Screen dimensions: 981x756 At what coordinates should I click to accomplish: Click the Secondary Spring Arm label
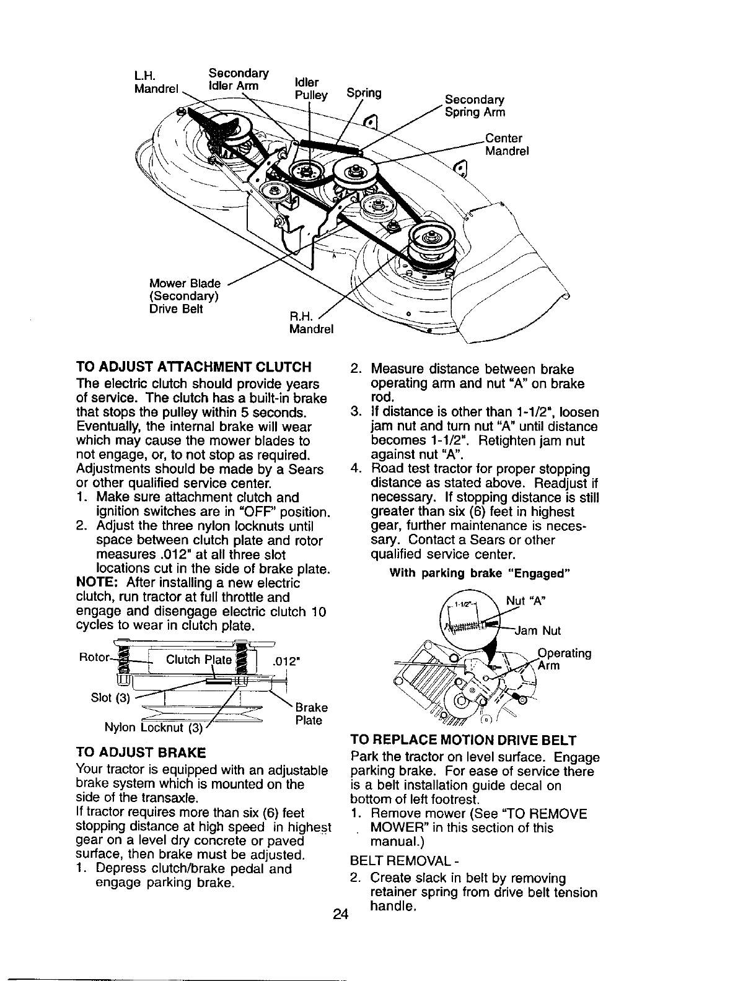point(475,106)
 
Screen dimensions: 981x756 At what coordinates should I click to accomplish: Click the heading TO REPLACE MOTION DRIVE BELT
point(464,740)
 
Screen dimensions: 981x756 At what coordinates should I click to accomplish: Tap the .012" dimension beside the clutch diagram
point(287,661)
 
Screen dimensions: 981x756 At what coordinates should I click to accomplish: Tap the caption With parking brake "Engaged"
point(479,573)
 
